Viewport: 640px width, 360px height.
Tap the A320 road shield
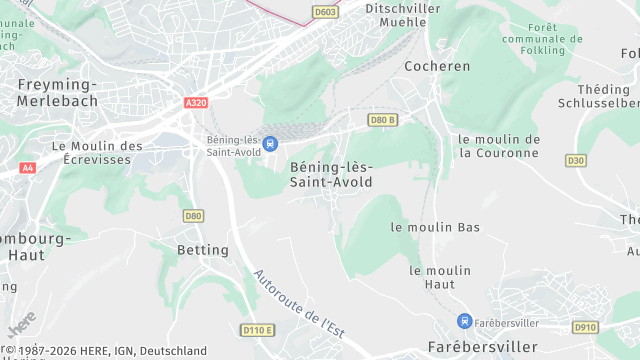click(x=196, y=102)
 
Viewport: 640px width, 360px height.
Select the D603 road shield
click(x=324, y=12)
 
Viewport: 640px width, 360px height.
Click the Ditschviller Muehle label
click(x=374, y=14)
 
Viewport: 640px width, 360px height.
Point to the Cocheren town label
click(x=437, y=66)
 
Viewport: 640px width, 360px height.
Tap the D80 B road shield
click(x=383, y=120)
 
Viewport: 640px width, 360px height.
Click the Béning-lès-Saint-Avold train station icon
click(x=269, y=144)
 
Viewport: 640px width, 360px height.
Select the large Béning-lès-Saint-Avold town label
click(x=330, y=174)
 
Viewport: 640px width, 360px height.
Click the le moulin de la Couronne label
click(x=499, y=146)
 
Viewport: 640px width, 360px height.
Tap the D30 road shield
click(x=575, y=160)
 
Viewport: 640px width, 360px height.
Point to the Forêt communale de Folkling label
click(x=541, y=38)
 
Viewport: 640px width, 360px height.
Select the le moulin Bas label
click(x=435, y=227)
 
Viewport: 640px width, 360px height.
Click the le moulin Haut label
click(x=440, y=277)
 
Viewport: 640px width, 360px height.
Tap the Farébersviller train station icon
click(x=464, y=321)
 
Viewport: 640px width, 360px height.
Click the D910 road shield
click(x=585, y=327)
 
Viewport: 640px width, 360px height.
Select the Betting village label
click(x=203, y=249)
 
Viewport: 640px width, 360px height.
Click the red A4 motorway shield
click(x=27, y=169)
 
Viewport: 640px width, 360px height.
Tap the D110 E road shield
click(x=257, y=330)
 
